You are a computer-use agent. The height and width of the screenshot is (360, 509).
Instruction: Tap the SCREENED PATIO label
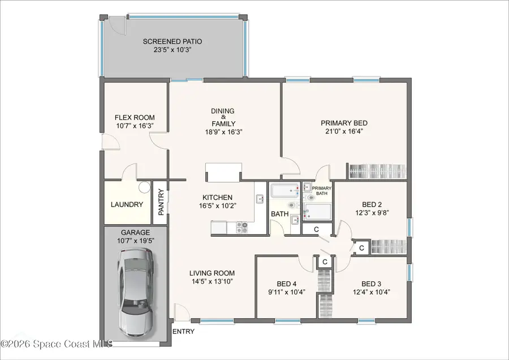click(172, 41)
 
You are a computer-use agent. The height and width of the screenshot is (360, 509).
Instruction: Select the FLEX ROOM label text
click(135, 118)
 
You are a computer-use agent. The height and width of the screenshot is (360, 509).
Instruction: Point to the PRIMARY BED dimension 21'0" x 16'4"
click(344, 131)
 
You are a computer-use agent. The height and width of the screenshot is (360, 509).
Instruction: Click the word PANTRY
click(161, 202)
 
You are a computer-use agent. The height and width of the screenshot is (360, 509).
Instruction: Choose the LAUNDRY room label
click(127, 204)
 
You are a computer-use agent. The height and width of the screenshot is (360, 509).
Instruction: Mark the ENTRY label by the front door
click(183, 331)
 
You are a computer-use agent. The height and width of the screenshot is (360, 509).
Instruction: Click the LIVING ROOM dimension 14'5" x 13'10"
click(212, 281)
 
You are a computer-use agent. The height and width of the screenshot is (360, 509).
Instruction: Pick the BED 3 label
click(372, 284)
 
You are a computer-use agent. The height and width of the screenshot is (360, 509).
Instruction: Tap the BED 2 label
click(372, 205)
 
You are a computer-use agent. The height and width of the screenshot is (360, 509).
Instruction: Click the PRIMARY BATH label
click(321, 191)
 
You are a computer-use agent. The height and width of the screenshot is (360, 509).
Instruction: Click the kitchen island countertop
click(223, 172)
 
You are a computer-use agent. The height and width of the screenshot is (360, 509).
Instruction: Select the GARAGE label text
click(135, 233)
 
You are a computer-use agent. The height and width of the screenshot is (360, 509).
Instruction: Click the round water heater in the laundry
click(144, 186)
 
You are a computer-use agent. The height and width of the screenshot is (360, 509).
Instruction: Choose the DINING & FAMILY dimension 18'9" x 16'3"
click(223, 131)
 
